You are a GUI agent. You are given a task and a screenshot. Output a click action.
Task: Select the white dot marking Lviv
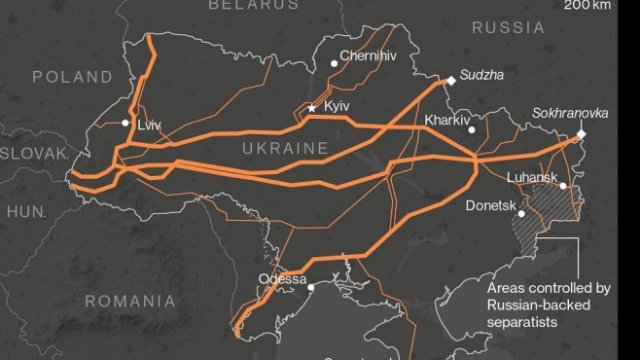tap(126, 123)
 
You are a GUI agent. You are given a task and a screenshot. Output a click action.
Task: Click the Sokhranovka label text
tap(564, 114)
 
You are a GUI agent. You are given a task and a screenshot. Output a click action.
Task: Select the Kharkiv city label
tap(447, 120)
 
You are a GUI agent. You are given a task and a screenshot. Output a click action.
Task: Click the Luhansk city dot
tap(563, 186)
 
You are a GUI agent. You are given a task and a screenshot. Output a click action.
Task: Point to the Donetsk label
tap(491, 205)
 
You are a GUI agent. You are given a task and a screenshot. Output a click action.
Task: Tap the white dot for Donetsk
tap(521, 213)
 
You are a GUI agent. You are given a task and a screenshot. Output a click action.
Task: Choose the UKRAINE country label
tap(285, 148)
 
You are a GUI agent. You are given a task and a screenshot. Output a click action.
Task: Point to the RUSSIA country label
tap(507, 27)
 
